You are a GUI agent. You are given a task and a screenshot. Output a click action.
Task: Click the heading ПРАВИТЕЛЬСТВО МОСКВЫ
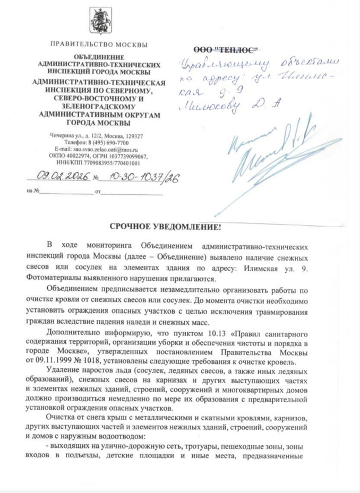(x=99, y=44)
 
